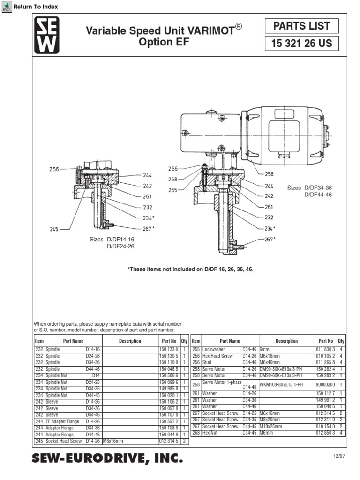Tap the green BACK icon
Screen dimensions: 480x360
[x=7, y=6]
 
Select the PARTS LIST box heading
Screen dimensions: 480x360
[x=302, y=26]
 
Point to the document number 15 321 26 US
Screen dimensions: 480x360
[x=302, y=44]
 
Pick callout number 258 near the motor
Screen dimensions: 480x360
[x=269, y=174]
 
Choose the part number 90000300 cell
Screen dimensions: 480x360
[x=326, y=384]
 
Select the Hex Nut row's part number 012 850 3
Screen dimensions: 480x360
[x=326, y=433]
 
